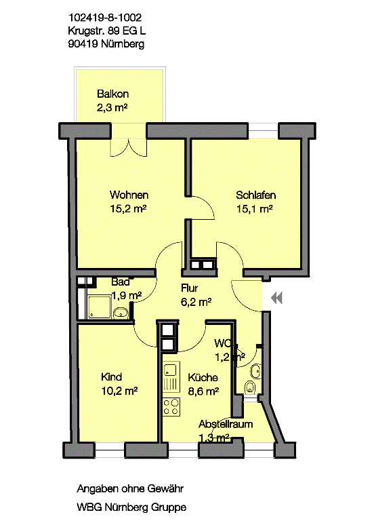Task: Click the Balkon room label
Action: pyautogui.click(x=113, y=94)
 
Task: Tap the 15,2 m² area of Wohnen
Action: pyautogui.click(x=128, y=209)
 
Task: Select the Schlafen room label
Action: pyautogui.click(x=256, y=195)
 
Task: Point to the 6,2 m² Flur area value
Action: pyautogui.click(x=196, y=302)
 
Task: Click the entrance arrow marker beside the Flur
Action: pyautogui.click(x=276, y=297)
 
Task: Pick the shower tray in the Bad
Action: pyautogui.click(x=99, y=307)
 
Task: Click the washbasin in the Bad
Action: pyautogui.click(x=121, y=312)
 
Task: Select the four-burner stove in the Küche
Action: pyautogui.click(x=171, y=407)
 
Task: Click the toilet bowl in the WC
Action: pyautogui.click(x=250, y=388)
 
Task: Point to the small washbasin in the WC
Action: pyautogui.click(x=255, y=371)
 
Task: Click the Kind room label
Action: pyautogui.click(x=112, y=377)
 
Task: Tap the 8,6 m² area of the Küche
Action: pyautogui.click(x=203, y=391)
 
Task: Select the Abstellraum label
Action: pyautogui.click(x=226, y=424)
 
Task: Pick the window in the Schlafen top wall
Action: pyautogui.click(x=263, y=130)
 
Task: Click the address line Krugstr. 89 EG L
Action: pyautogui.click(x=106, y=31)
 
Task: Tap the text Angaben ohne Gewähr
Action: pyautogui.click(x=130, y=488)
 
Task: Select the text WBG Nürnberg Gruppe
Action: pyautogui.click(x=131, y=507)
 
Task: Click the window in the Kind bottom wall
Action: pyautogui.click(x=110, y=450)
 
